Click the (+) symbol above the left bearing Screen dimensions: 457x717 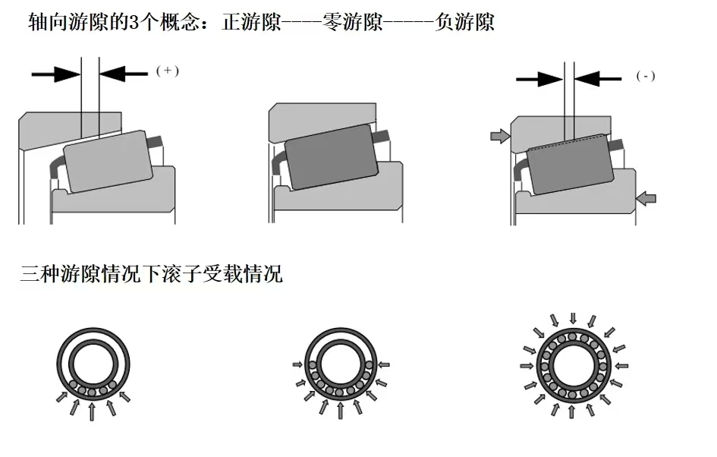(x=167, y=71)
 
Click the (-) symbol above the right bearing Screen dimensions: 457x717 (x=646, y=76)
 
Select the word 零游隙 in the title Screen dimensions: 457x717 (x=354, y=22)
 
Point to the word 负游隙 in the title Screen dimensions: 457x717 (x=465, y=22)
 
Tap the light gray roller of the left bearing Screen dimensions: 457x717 (x=109, y=161)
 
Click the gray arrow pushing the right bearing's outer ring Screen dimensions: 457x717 (x=500, y=136)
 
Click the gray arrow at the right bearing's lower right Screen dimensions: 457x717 (x=646, y=199)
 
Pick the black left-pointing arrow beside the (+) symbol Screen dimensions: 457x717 (x=124, y=73)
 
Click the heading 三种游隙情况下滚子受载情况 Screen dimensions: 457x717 (x=151, y=274)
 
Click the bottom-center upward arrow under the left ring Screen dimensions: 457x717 (x=92, y=411)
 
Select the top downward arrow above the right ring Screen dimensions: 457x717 (x=573, y=317)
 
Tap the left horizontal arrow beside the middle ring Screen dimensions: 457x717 (x=297, y=364)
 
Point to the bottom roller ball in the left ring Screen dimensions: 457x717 (x=92, y=392)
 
